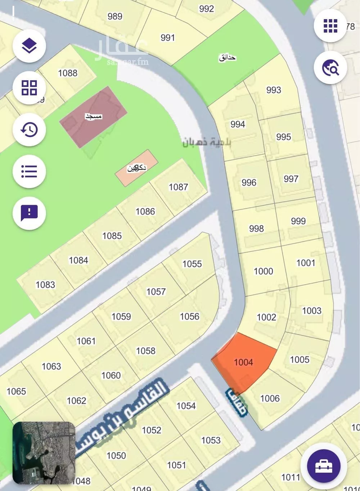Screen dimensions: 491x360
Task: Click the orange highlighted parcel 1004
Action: click(x=244, y=362)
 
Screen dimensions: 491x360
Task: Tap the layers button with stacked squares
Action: click(x=29, y=46)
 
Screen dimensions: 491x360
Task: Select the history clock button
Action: click(x=29, y=129)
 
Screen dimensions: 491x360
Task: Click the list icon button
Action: click(x=29, y=171)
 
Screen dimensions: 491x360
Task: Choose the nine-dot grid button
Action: click(x=330, y=26)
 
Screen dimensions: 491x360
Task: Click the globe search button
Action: click(x=330, y=67)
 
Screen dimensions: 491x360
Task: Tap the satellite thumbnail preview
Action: click(x=44, y=453)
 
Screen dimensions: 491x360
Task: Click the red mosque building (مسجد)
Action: click(x=93, y=117)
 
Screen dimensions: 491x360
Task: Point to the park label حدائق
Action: click(x=228, y=57)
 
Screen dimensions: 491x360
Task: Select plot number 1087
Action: click(x=178, y=187)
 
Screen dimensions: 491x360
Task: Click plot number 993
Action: click(x=274, y=90)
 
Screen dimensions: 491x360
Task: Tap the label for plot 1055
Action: click(x=192, y=264)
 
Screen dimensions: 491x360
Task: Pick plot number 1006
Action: click(x=270, y=398)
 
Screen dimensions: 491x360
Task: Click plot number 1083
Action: click(x=45, y=285)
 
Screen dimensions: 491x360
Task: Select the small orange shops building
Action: click(x=137, y=168)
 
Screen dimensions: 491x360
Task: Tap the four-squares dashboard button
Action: click(x=29, y=87)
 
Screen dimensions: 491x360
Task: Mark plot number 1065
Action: click(x=16, y=391)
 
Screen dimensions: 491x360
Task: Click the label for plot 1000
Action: click(x=263, y=271)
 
